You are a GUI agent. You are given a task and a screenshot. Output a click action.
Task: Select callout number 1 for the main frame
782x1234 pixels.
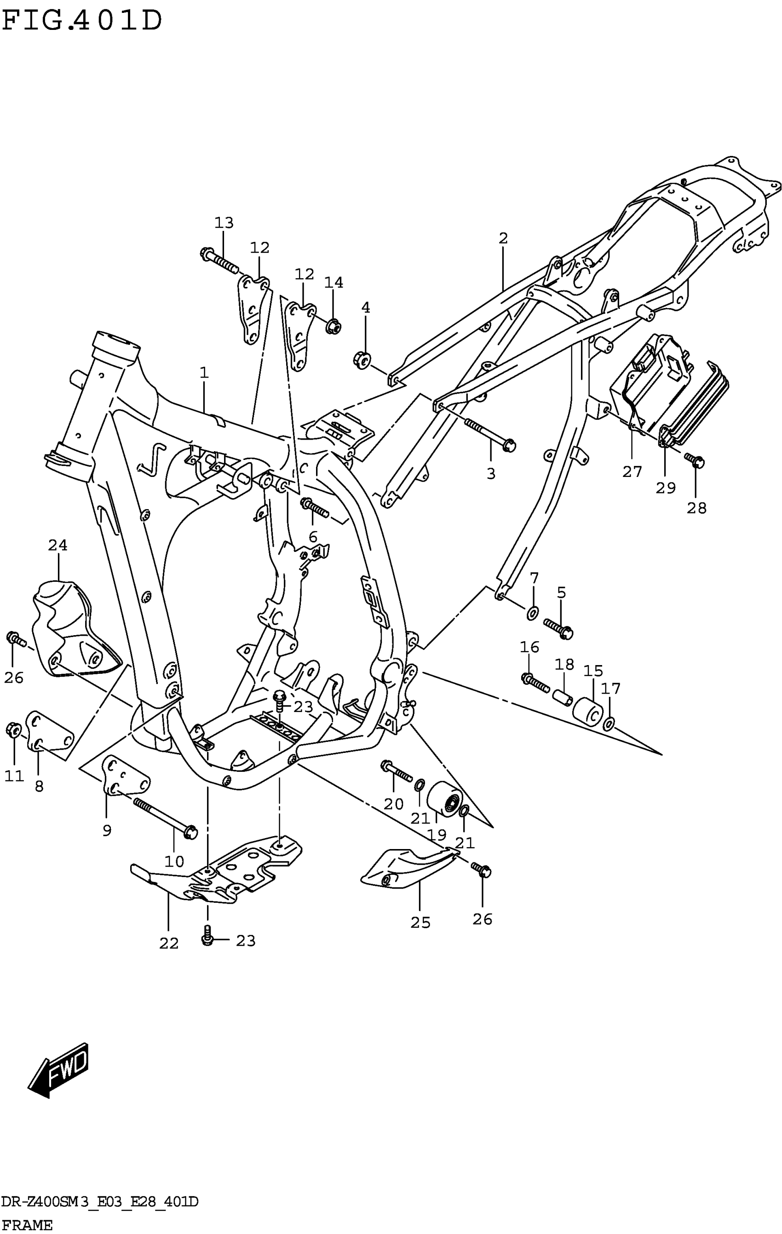click(204, 373)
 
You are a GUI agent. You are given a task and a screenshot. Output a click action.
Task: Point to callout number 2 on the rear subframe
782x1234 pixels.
click(503, 238)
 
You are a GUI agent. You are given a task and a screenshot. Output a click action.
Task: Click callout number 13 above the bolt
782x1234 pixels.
click(224, 223)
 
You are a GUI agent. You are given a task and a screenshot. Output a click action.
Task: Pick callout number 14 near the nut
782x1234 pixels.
click(333, 282)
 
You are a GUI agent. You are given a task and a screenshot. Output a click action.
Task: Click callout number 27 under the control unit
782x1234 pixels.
click(632, 471)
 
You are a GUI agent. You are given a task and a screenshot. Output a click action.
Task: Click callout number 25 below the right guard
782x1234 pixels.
click(420, 923)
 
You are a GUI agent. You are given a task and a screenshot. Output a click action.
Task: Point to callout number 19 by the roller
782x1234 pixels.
click(437, 835)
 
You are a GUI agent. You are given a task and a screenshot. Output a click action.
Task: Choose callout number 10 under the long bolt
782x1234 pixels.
click(174, 861)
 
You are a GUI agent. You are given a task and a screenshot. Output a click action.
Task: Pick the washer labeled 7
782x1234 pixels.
click(533, 611)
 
